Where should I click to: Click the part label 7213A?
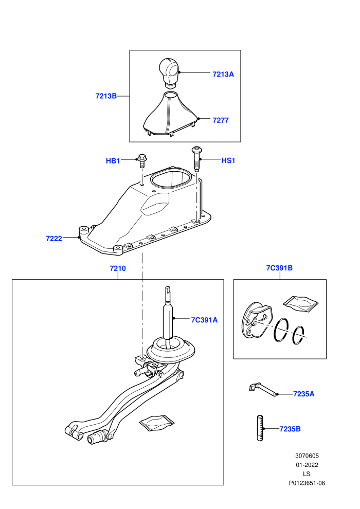223,75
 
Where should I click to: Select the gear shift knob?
169,72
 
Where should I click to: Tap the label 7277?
221,120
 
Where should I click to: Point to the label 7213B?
106,96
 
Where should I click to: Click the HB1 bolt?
141,160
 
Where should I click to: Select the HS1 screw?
196,159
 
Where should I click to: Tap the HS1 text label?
228,160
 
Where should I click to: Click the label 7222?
54,239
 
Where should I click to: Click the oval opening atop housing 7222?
169,179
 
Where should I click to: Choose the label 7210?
117,268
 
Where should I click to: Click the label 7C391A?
204,320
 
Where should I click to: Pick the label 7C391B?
279,268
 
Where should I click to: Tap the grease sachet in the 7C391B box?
300,303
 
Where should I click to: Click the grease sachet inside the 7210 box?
157,423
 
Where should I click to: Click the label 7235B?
290,429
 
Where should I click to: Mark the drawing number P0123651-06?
307,483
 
